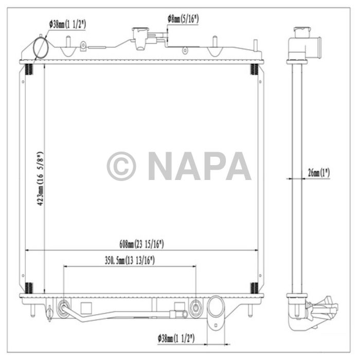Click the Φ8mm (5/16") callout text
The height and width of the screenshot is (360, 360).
click(183, 19)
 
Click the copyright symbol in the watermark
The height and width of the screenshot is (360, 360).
click(121, 166)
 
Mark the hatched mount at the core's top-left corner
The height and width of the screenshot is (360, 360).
click(29, 69)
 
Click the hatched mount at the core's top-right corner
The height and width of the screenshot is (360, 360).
click(254, 69)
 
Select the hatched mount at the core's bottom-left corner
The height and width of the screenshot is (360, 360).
click(29, 288)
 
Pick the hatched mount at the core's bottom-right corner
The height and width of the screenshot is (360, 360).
click(254, 288)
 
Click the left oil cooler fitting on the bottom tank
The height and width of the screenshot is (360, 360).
click(64, 308)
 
